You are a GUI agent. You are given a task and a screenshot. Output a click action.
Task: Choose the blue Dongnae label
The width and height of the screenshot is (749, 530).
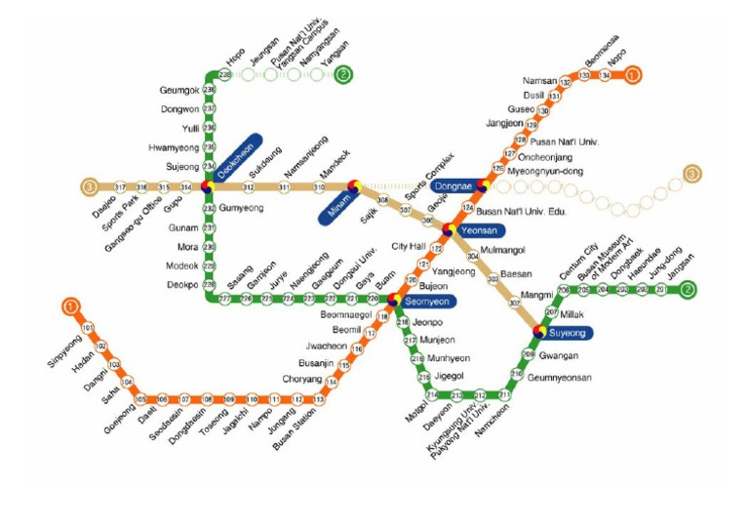click(453, 185)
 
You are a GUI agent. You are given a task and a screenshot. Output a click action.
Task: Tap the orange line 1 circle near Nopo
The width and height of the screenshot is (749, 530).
click(633, 74)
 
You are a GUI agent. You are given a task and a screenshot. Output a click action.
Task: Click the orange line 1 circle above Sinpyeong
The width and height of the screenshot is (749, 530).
click(70, 306)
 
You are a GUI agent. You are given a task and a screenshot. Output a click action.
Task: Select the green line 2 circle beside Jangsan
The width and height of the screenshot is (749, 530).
click(688, 289)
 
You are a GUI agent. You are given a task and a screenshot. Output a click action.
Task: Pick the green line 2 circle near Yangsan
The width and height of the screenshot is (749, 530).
click(344, 73)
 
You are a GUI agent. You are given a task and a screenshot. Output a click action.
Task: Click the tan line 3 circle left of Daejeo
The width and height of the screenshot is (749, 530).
click(89, 186)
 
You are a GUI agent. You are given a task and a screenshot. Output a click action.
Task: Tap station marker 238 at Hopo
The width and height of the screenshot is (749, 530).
click(225, 74)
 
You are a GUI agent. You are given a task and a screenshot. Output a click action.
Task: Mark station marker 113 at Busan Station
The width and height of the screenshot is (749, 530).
click(318, 399)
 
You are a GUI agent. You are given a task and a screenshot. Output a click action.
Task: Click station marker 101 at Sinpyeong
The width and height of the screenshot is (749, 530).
click(88, 328)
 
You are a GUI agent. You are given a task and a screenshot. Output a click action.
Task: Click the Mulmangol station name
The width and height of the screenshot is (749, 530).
click(504, 249)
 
